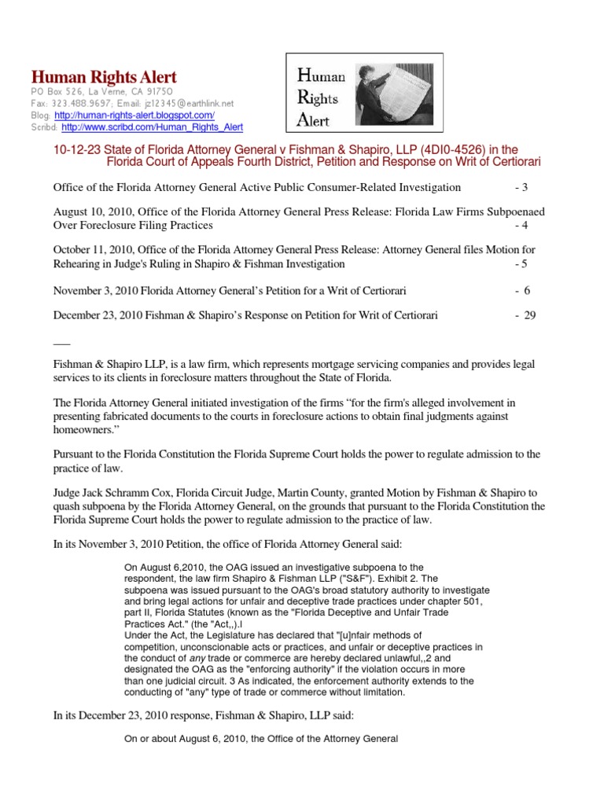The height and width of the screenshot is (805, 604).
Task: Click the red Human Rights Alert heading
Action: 104,77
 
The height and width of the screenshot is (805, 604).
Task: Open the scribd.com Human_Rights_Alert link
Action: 153,127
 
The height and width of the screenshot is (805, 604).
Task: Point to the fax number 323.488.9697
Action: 75,103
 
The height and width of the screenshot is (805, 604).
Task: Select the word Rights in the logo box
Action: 317,98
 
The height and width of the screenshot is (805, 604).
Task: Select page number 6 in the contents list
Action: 528,290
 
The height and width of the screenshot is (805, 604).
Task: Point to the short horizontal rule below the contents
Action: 61,340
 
